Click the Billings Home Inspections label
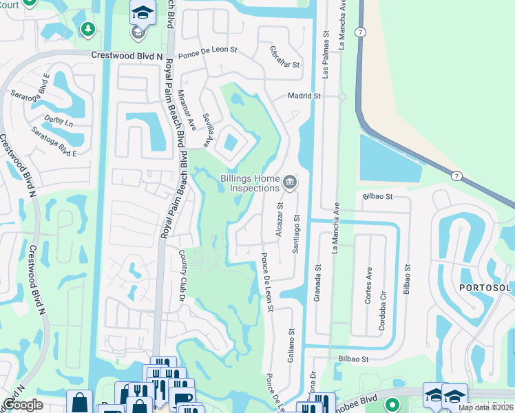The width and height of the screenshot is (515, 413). [249, 182]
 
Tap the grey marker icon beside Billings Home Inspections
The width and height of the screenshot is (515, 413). [290, 182]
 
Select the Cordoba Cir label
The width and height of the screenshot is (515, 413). [382, 315]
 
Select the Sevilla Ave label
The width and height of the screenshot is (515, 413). [208, 130]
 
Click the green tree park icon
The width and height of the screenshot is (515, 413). [87, 29]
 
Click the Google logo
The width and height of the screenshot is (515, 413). [23, 405]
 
